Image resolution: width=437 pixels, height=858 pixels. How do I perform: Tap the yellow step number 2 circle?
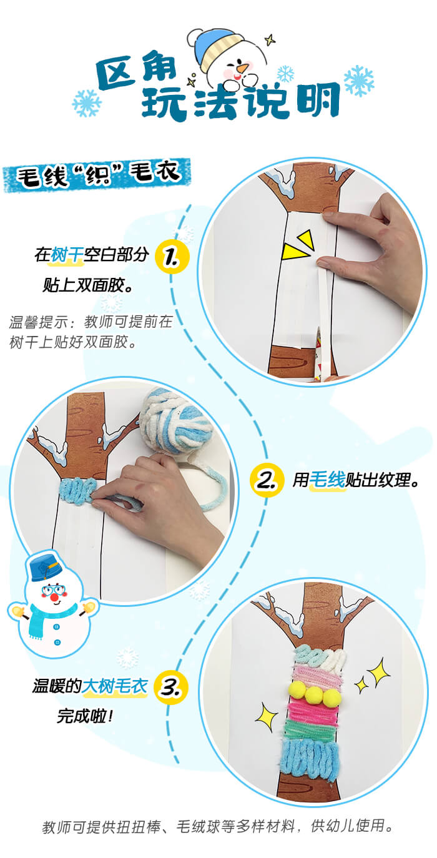(267, 480)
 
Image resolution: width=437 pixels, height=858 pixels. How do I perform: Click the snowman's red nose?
(54, 598)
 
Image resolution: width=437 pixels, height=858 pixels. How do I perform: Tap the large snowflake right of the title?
(359, 80)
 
